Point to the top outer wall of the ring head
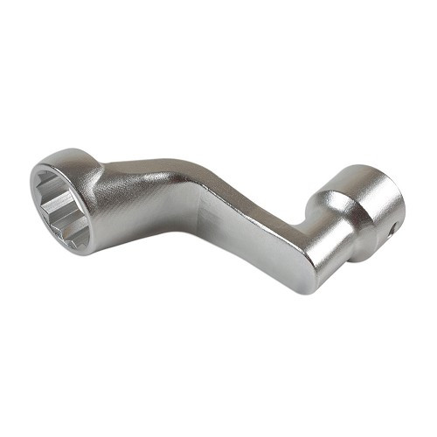pyautogui.click(x=70, y=157)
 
